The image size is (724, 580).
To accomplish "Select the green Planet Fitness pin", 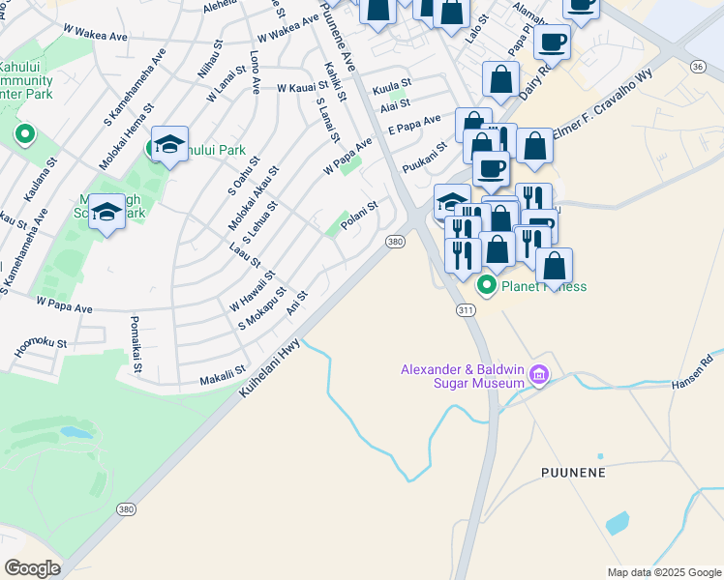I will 486,286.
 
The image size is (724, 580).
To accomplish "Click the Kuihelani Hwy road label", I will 272,366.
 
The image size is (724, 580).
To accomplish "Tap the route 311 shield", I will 464,309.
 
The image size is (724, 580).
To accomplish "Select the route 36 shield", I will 697,66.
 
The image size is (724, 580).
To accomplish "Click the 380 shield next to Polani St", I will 395,242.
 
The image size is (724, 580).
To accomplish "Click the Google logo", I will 33,567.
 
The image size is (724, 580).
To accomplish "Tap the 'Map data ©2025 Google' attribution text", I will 663,572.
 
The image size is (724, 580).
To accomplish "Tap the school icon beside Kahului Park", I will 169,144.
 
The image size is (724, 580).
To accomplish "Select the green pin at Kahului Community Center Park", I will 22,134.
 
